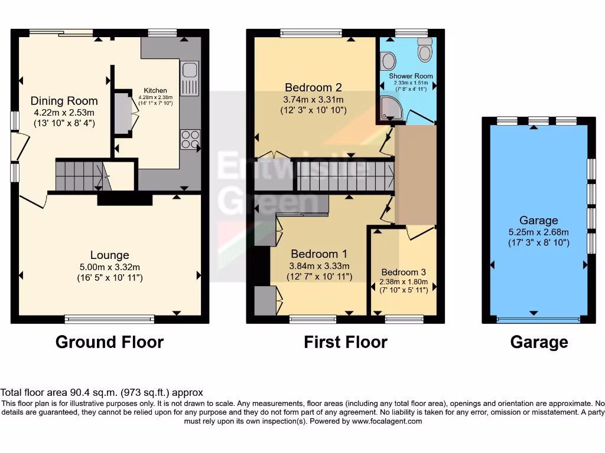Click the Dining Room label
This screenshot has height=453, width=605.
coord(64,101)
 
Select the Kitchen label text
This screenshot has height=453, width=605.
coord(155,90)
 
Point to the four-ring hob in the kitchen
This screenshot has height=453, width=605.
coord(190,139)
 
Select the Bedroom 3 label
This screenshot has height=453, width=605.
coord(403,273)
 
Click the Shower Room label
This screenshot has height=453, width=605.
coord(411,76)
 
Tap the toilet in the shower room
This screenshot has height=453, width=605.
coord(425,51)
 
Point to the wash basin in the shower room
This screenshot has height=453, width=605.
coord(388,60)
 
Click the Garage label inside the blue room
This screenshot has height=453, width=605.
coord(538,221)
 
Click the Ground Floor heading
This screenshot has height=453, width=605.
coord(109,342)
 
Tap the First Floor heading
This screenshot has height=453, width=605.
coord(346,342)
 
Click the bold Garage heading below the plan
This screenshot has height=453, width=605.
coord(539,342)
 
